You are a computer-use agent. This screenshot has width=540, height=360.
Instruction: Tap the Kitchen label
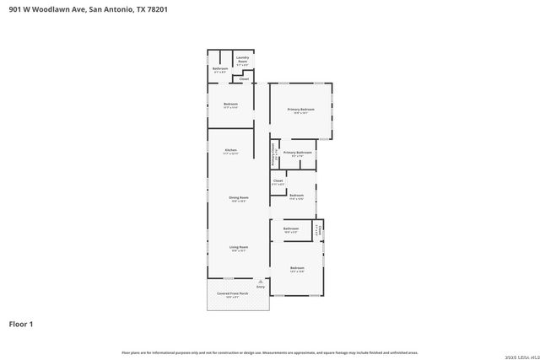(x=230, y=151)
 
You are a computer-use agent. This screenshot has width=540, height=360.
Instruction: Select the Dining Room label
(x=238, y=199)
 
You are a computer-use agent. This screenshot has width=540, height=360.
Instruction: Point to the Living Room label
(x=238, y=249)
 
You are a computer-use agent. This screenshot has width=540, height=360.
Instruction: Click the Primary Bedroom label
(x=300, y=110)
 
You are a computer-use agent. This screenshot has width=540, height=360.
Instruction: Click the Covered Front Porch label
(x=232, y=295)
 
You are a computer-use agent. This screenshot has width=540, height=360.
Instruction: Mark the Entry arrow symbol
(x=261, y=282)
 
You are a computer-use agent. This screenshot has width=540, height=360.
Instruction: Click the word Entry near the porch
(x=261, y=288)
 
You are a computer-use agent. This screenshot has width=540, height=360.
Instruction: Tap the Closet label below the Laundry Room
(x=244, y=79)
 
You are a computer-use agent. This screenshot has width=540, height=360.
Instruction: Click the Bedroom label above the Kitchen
(x=230, y=105)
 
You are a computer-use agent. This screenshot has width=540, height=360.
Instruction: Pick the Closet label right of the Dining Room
(x=278, y=181)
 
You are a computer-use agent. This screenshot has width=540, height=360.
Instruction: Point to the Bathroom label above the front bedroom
(x=291, y=229)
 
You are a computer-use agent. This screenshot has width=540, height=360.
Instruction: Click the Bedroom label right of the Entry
(x=296, y=270)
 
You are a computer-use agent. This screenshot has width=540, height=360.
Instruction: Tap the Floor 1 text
(x=21, y=323)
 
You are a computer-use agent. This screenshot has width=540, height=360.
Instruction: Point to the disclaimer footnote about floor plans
(x=270, y=352)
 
